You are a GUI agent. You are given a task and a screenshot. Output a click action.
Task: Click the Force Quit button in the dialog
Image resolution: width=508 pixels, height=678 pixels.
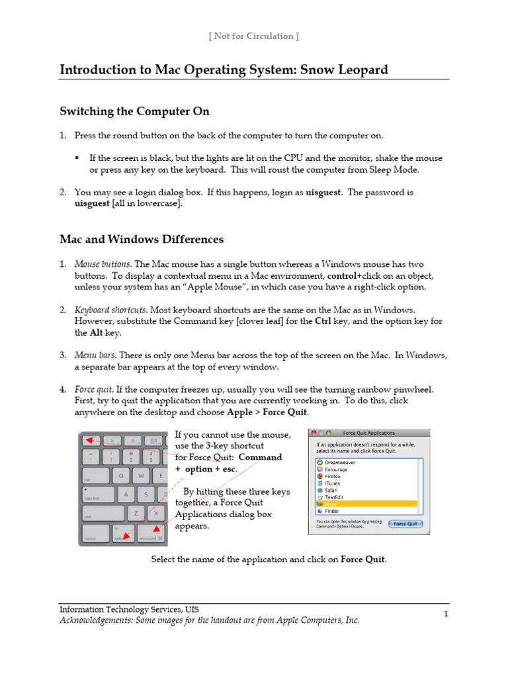point(406,524)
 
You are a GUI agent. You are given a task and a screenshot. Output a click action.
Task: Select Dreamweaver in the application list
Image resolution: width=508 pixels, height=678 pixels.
point(340,462)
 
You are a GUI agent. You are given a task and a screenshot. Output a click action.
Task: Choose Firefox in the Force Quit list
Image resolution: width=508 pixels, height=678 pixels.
point(332,476)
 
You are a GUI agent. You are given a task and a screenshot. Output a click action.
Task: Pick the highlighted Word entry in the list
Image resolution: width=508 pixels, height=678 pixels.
point(331,504)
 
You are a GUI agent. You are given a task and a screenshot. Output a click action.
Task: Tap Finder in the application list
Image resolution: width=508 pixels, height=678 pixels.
point(331,511)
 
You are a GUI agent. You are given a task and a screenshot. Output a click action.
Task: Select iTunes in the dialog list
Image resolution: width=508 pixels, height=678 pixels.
point(331,483)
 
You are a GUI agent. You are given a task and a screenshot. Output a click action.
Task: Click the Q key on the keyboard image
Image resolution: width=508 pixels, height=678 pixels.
point(120,475)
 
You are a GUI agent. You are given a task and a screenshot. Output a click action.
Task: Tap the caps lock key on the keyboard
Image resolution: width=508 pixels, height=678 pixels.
point(96,495)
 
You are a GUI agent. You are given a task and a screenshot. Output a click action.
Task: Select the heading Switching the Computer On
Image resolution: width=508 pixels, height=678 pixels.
point(134,111)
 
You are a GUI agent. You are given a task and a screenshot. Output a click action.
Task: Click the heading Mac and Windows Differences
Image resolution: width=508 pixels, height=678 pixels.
point(142,239)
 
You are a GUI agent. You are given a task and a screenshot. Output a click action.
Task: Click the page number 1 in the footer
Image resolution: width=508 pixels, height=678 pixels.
point(446,614)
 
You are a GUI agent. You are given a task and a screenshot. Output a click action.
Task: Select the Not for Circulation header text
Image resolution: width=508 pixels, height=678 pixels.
point(253,36)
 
